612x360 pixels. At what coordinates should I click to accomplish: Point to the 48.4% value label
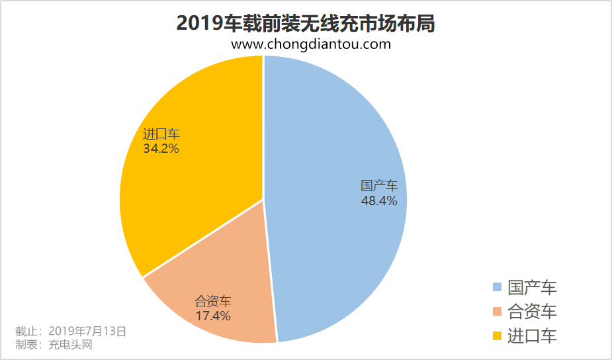[379, 201]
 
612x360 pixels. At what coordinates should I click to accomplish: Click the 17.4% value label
[213, 316]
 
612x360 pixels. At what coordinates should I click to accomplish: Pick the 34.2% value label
[161, 149]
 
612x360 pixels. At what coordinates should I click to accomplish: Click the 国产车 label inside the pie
[379, 185]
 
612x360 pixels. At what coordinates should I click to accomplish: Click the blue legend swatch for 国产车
[497, 287]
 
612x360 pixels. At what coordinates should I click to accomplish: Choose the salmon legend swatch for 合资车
[497, 311]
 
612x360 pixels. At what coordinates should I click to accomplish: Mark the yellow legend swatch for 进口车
[497, 336]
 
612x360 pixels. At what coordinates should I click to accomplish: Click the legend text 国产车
[532, 287]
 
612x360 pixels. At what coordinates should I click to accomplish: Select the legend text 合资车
[532, 311]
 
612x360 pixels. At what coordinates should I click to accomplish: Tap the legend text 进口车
[532, 336]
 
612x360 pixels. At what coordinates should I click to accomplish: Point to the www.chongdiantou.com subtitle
[311, 44]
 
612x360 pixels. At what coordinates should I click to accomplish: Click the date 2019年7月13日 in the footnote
[87, 330]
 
